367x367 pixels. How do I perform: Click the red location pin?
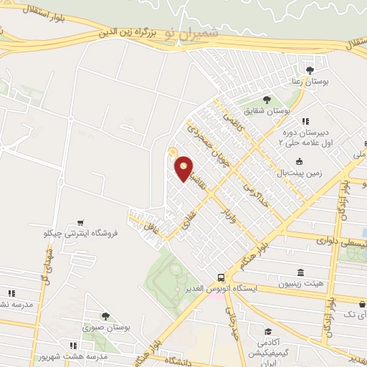(184, 169)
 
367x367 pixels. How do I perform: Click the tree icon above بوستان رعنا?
(310, 70)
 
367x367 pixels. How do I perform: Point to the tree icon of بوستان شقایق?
(267, 99)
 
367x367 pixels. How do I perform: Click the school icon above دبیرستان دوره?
(305, 120)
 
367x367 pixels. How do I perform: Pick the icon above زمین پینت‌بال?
(300, 161)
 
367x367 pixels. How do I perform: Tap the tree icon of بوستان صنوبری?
(105, 315)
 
